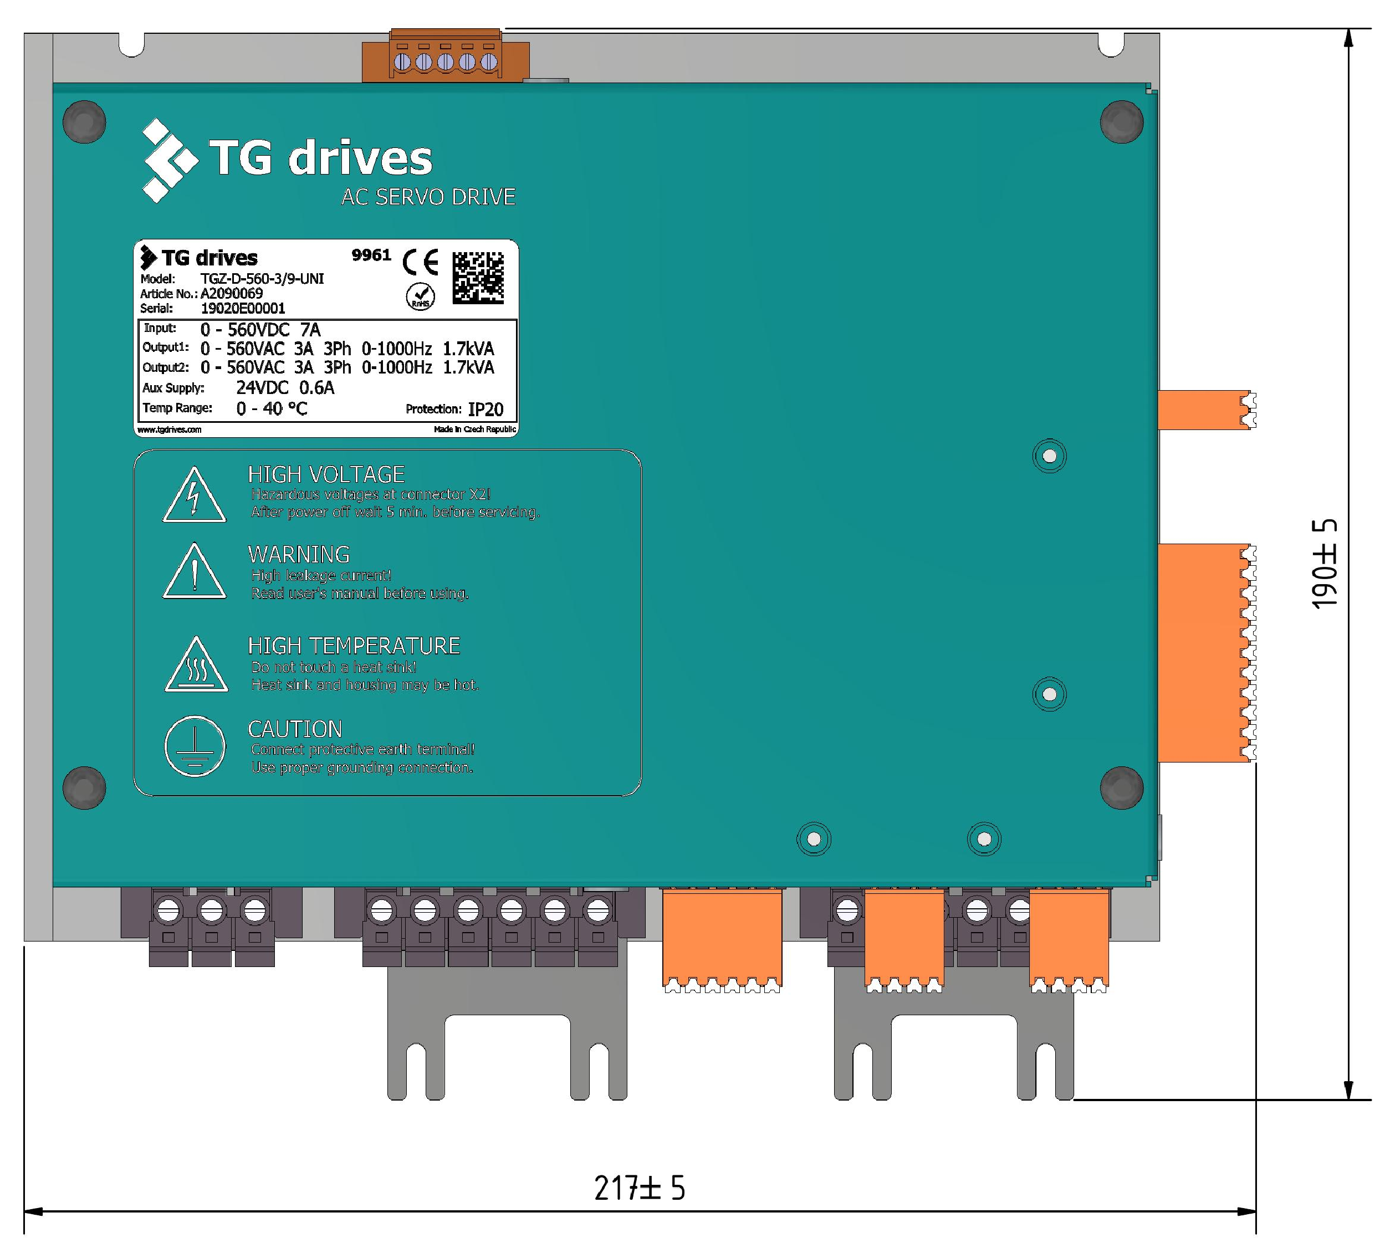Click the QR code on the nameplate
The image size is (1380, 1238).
pos(478,277)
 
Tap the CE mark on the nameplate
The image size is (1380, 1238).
pos(420,262)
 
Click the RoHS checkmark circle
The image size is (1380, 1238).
pos(420,296)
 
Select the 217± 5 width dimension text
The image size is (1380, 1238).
pos(640,1188)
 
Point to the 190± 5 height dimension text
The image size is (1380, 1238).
pos(1324,564)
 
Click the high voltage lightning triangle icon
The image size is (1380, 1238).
pos(194,494)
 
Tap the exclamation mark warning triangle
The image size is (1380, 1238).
pos(195,571)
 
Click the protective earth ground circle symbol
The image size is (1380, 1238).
pos(195,746)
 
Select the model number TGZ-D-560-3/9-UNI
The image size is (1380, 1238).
pos(262,278)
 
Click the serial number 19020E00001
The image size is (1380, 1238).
pos(243,308)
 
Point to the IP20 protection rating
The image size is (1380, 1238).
pos(485,409)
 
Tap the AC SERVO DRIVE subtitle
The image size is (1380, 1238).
pos(428,197)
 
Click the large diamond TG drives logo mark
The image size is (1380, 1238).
pos(168,161)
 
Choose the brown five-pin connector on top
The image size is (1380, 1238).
pos(446,57)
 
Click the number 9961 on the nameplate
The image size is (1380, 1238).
pos(371,255)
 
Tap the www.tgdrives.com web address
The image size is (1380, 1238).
pos(170,430)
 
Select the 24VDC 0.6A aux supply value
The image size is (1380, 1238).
pos(285,388)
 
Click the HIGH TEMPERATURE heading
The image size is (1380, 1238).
pos(354,646)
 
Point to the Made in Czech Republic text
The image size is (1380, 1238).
pos(475,429)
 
